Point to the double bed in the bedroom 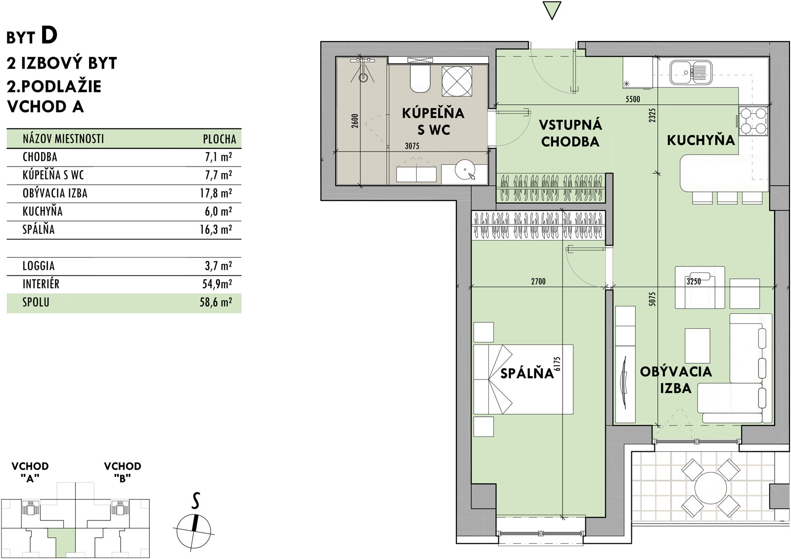[523, 379]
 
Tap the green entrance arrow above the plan [552, 10]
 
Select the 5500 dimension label [632, 99]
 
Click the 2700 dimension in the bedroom [538, 281]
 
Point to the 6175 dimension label [557, 364]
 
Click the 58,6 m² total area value [216, 302]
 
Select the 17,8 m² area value [216, 194]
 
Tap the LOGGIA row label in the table [39, 266]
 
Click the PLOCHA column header [220, 139]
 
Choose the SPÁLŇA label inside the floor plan [527, 373]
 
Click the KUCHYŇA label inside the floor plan [701, 140]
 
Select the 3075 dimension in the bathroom [412, 146]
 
